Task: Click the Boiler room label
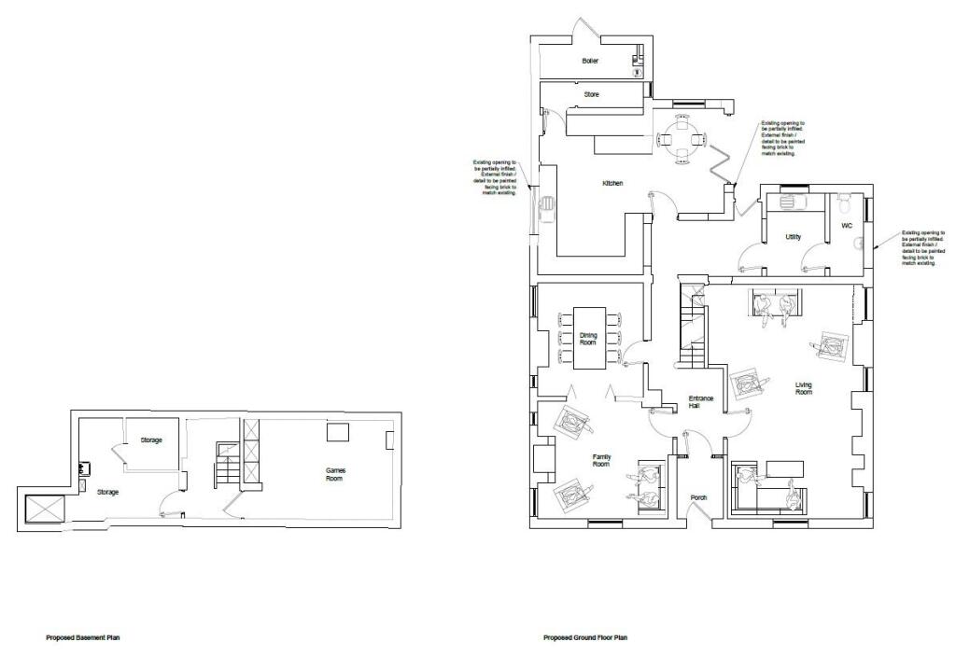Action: point(589,61)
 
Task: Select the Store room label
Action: point(591,94)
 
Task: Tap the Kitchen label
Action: point(612,184)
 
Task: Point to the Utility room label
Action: point(794,237)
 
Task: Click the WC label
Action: point(847,226)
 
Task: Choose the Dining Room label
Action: point(588,338)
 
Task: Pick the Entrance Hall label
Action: point(701,402)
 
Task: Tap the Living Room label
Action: point(804,388)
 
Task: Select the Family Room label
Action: point(601,459)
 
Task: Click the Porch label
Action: point(698,497)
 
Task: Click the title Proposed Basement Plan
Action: point(83,638)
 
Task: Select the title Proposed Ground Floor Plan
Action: point(585,638)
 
